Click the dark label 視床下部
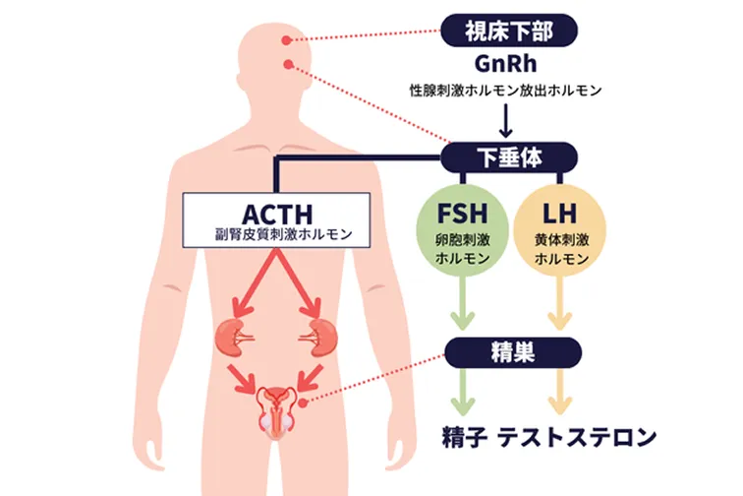pyautogui.click(x=508, y=31)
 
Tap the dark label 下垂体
pyautogui.click(x=508, y=155)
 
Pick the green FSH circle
pyautogui.click(x=460, y=235)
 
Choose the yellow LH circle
pyautogui.click(x=560, y=235)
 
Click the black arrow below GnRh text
pyautogui.click(x=508, y=120)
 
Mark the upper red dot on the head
pyautogui.click(x=287, y=41)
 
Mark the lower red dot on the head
pyautogui.click(x=289, y=66)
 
